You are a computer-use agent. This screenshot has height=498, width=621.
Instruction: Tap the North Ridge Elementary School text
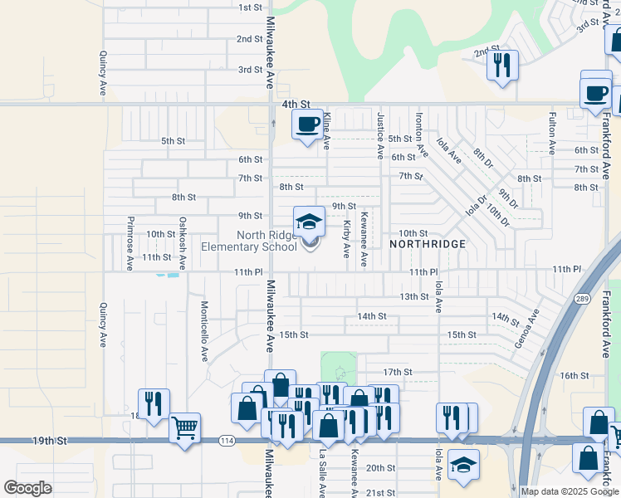pyautogui.click(x=249, y=241)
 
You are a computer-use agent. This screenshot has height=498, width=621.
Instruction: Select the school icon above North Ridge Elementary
pyautogui.click(x=309, y=222)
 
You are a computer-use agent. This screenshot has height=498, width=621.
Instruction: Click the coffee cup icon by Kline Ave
pyautogui.click(x=306, y=124)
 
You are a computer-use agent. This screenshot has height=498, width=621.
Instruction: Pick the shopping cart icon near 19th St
pyautogui.click(x=184, y=428)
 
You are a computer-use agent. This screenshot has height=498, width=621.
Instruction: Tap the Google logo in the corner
pyautogui.click(x=27, y=488)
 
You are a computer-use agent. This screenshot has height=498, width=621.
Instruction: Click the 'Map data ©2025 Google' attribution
pyautogui.click(x=570, y=491)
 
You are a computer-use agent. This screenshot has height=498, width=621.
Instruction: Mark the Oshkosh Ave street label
pyautogui.click(x=183, y=243)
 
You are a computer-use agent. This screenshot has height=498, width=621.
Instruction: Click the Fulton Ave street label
pyautogui.click(x=552, y=134)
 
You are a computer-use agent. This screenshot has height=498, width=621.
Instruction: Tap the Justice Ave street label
pyautogui.click(x=380, y=136)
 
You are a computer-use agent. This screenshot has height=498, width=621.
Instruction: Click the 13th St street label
pyautogui.click(x=413, y=296)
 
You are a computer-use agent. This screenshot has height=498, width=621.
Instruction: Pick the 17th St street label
pyautogui.click(x=398, y=371)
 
